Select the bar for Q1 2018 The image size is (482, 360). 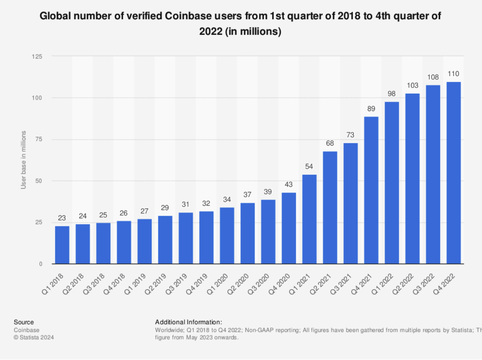[x=62, y=245]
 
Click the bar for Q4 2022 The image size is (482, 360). [x=454, y=173]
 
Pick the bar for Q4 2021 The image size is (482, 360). [x=371, y=190]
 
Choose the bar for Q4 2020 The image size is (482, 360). [x=289, y=228]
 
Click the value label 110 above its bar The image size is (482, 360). [x=454, y=74]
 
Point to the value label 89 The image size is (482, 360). [x=371, y=108]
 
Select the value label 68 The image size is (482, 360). [x=330, y=143]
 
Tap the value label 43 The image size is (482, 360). [x=289, y=185]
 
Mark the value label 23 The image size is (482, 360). [x=62, y=218]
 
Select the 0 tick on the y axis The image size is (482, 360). [x=40, y=264]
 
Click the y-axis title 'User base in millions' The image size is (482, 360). [x=23, y=160]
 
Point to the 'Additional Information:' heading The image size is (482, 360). [x=188, y=322]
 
